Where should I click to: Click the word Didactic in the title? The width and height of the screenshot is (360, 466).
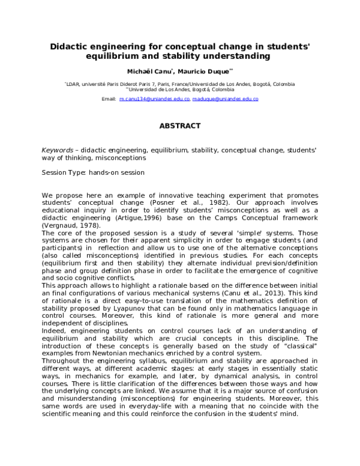click(x=68, y=46)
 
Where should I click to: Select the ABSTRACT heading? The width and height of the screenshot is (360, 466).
click(x=179, y=126)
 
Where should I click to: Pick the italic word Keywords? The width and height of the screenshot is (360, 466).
click(x=59, y=149)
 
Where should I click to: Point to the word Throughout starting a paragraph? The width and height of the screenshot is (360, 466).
click(x=61, y=363)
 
